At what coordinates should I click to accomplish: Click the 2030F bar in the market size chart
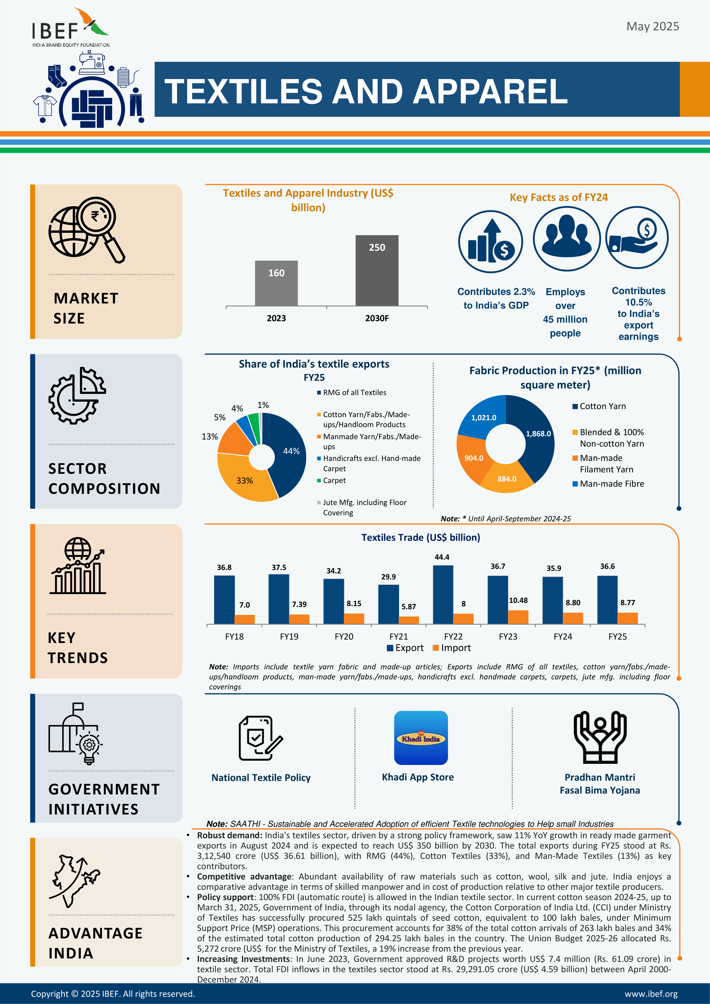[x=377, y=270]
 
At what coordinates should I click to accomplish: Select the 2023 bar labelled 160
[x=276, y=283]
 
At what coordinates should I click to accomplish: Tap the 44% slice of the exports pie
[x=286, y=453]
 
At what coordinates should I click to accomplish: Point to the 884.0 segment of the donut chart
[x=507, y=478]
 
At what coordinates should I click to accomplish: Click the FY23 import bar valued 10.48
[x=518, y=617]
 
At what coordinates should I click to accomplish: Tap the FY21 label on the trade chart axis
[x=398, y=636]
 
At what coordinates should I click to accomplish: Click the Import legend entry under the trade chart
[x=452, y=648]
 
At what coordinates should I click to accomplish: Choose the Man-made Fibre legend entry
[x=608, y=484]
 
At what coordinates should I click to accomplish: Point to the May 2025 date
[x=653, y=26]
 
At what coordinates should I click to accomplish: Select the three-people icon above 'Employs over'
[x=567, y=238]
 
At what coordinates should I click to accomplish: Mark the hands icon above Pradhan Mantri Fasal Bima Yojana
[x=600, y=737]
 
